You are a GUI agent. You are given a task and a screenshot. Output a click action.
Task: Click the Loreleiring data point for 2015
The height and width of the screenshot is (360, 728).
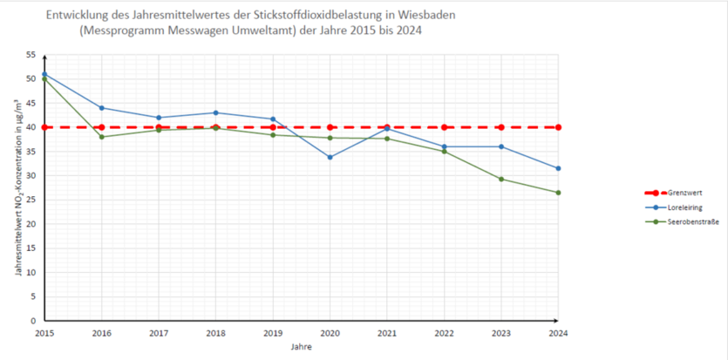click(x=44, y=74)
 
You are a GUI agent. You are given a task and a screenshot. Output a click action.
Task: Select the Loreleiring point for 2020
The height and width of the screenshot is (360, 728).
click(x=330, y=157)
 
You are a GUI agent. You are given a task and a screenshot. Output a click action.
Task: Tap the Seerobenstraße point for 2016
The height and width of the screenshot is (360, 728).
click(x=101, y=137)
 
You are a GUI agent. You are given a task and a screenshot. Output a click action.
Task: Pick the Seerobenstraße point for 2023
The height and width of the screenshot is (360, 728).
click(x=500, y=179)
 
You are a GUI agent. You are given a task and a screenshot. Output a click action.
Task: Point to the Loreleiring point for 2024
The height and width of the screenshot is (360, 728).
click(x=558, y=168)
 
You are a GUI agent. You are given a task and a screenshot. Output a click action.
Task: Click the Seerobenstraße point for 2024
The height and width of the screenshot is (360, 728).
click(x=558, y=193)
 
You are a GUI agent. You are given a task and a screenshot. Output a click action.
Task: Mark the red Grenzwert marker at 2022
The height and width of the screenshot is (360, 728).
click(x=444, y=127)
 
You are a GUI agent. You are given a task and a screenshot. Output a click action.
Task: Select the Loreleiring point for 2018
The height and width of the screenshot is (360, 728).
click(x=215, y=112)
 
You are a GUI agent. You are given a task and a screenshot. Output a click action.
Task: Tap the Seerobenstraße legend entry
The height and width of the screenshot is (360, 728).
click(x=681, y=222)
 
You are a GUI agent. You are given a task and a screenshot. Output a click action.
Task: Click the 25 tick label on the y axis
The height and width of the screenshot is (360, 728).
click(x=31, y=200)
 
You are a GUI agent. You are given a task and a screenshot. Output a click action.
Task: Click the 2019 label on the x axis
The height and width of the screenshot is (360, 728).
click(x=273, y=332)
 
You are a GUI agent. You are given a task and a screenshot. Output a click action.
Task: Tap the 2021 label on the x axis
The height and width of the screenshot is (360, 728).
click(x=387, y=332)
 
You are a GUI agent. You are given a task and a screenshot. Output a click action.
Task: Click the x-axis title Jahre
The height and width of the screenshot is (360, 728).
click(x=301, y=346)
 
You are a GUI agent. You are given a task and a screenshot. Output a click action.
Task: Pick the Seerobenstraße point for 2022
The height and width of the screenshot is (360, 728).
click(x=444, y=152)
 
